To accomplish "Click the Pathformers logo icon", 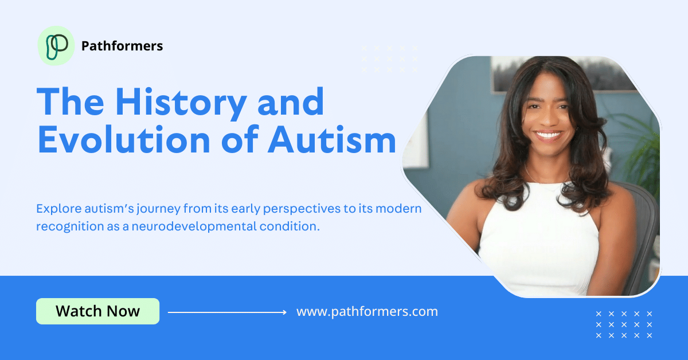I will [x=56, y=46].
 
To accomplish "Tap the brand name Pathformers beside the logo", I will [x=122, y=46].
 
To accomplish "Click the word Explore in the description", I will [x=58, y=208].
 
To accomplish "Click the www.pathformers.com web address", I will [x=367, y=312].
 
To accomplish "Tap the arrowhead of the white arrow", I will [x=284, y=312].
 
